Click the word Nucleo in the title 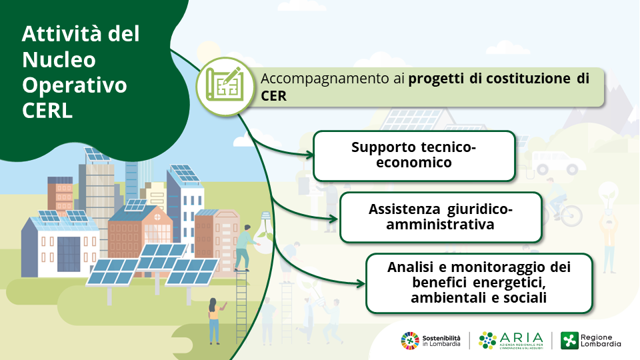59,59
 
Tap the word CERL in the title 47,111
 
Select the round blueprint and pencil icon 225,87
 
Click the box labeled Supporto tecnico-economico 414,155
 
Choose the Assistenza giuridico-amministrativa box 441,217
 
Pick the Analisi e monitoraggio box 479,283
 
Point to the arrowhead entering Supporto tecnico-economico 310,155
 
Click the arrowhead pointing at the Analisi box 361,284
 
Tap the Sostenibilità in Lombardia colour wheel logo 410,341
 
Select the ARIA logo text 521,338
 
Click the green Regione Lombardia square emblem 569,341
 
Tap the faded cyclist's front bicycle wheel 571,214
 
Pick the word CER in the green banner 273,96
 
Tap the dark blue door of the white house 69,254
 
